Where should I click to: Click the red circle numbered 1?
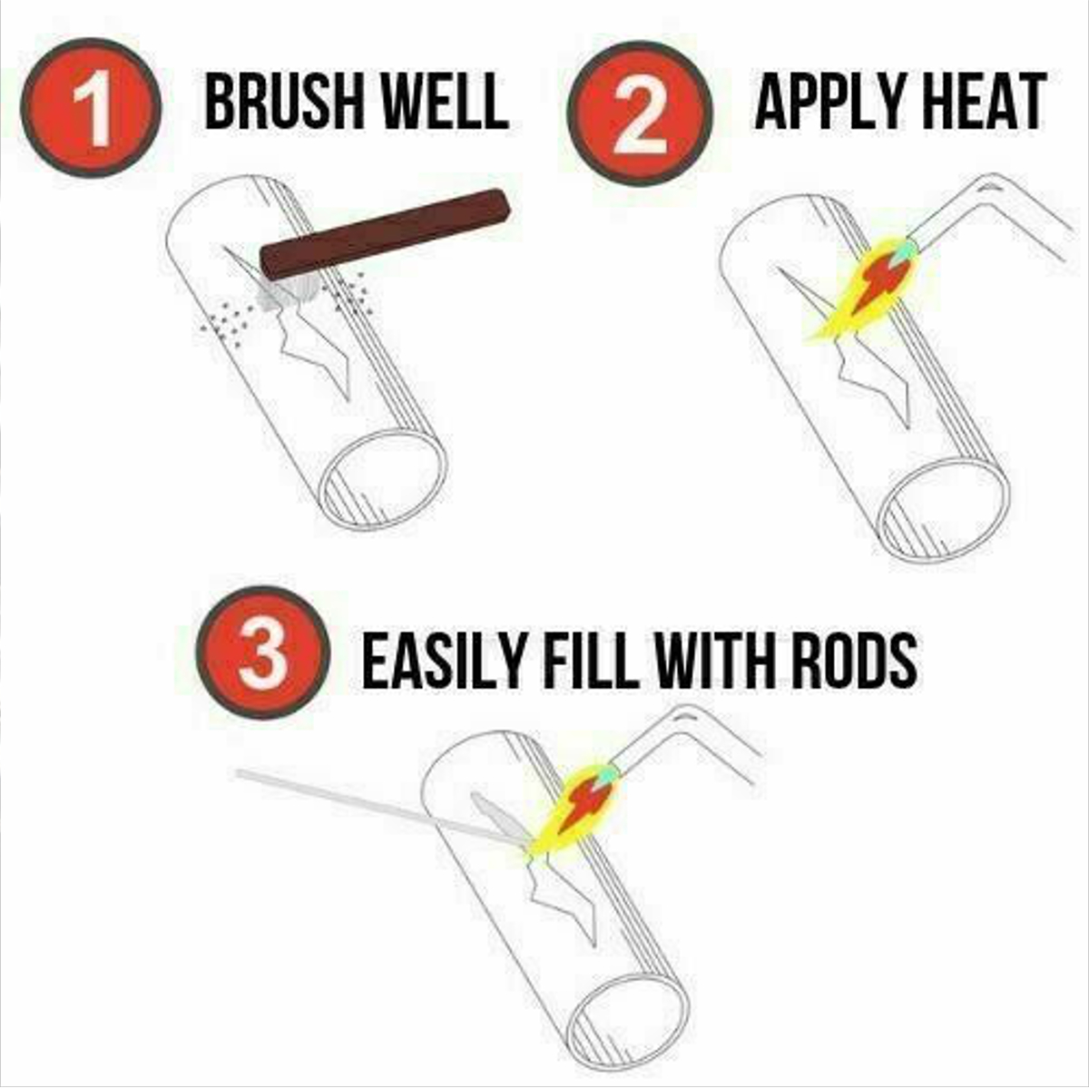point(91,107)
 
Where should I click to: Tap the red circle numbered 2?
point(640,113)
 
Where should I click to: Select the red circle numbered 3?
point(263,652)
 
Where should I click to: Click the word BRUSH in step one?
point(286,103)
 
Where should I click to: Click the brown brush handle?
point(385,234)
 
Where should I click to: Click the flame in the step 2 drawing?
point(862,289)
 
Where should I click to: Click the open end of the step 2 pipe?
point(942,509)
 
